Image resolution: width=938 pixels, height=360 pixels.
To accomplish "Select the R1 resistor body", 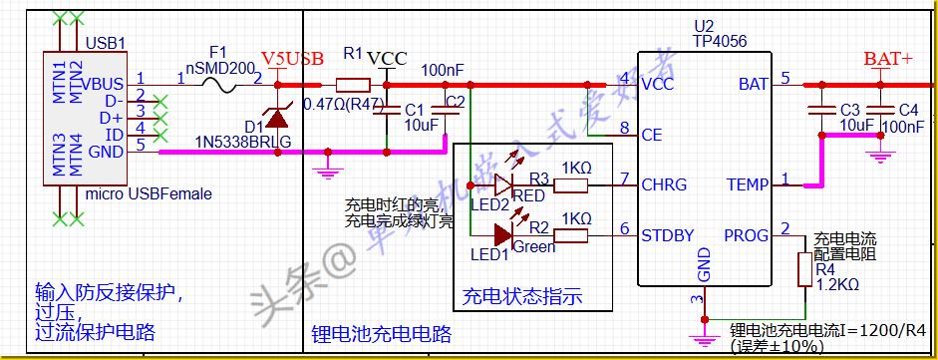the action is click(x=353, y=84).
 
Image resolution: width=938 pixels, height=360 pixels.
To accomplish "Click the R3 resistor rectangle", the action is click(x=571, y=184).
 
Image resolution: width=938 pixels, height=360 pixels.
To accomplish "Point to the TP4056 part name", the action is click(x=720, y=42).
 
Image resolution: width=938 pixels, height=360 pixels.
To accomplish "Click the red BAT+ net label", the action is click(x=887, y=61).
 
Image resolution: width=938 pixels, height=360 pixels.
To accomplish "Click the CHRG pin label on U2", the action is click(x=665, y=184).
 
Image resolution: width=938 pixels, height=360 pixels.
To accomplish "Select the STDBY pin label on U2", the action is click(x=669, y=236).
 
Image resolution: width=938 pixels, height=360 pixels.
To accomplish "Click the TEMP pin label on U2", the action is click(x=748, y=184).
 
